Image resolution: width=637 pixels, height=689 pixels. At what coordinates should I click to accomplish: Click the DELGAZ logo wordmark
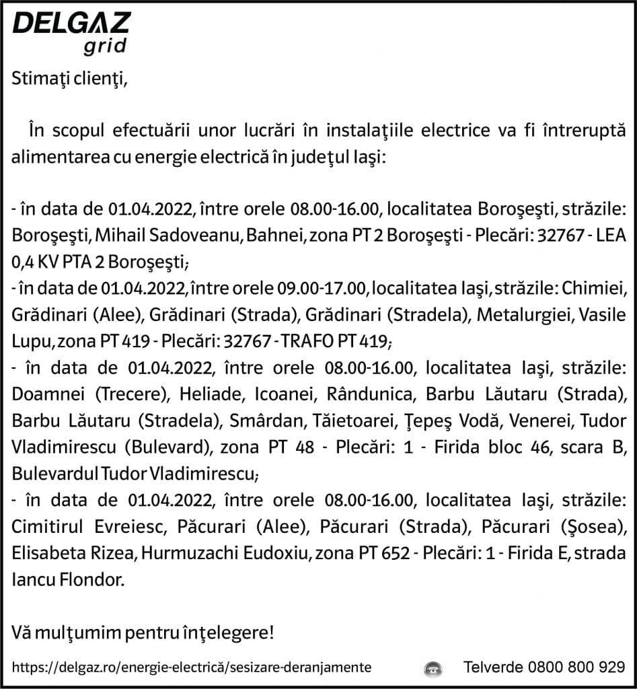pyautogui.click(x=71, y=24)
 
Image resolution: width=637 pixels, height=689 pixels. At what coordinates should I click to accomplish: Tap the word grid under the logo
pyautogui.click(x=105, y=46)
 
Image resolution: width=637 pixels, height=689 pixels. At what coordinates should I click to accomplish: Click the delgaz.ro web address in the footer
pyautogui.click(x=192, y=667)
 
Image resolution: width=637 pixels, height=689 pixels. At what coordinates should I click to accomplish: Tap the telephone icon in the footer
pyautogui.click(x=433, y=668)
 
